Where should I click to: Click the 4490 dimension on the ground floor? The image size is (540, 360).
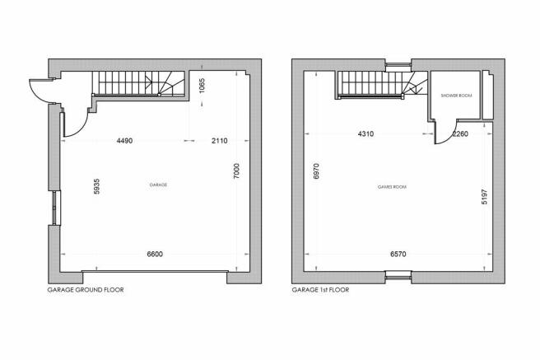click(x=124, y=141)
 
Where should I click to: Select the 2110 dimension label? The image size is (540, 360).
click(x=219, y=141)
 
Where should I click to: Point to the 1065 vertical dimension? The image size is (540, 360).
click(x=202, y=86)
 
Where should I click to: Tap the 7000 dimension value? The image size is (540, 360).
click(x=236, y=171)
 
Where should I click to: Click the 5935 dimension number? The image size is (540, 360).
click(x=97, y=186)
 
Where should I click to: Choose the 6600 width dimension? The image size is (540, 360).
click(x=155, y=255)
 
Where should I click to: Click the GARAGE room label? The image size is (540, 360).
click(x=158, y=185)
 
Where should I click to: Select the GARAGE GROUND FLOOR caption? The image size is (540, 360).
click(x=86, y=290)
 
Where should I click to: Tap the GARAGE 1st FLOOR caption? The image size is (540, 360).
click(x=320, y=290)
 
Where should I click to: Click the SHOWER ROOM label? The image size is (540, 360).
click(x=456, y=96)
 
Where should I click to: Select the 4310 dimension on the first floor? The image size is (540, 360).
click(x=365, y=133)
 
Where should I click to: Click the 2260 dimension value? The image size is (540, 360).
click(x=460, y=133)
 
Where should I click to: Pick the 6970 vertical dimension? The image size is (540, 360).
click(x=316, y=171)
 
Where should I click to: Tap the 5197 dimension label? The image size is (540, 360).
click(x=485, y=197)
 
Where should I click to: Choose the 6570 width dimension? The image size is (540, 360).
click(x=398, y=255)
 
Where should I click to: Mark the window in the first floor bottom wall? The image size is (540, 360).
click(x=398, y=274)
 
